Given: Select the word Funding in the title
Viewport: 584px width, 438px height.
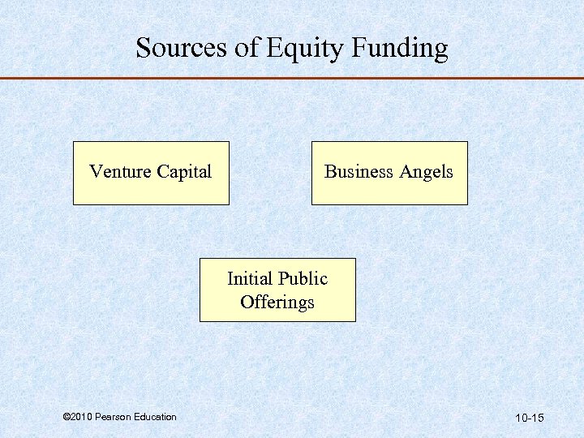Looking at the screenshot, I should tap(400, 49).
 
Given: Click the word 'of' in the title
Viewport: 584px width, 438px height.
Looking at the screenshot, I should tap(247, 48).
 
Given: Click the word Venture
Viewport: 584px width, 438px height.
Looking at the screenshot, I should tap(120, 172).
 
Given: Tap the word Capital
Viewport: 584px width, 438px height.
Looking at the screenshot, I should tap(183, 173).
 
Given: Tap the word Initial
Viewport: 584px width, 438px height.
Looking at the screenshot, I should tap(249, 279).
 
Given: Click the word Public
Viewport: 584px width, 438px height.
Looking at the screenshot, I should tap(302, 279).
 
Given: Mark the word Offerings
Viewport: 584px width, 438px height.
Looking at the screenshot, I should tap(277, 303).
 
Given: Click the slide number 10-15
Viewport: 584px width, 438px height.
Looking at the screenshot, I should tap(529, 418).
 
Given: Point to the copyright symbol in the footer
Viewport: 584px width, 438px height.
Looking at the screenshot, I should tap(66, 417).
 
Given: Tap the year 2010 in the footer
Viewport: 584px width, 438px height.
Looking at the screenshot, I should tap(81, 417).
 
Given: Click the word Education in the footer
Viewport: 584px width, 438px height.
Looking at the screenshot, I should tap(154, 417).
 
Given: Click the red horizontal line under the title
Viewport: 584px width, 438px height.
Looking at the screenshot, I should tap(292, 79).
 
